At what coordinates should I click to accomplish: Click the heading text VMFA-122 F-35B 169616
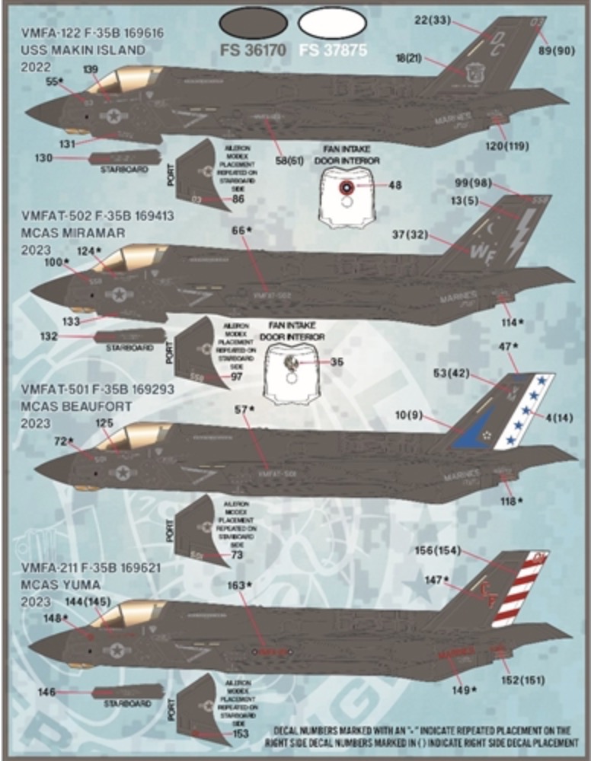(93, 34)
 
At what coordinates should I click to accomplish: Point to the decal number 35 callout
(337, 361)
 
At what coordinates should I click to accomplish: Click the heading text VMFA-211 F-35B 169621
(93, 568)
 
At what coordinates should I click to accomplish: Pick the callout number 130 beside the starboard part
(44, 158)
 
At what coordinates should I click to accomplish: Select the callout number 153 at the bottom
(241, 733)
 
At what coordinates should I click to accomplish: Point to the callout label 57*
(243, 409)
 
